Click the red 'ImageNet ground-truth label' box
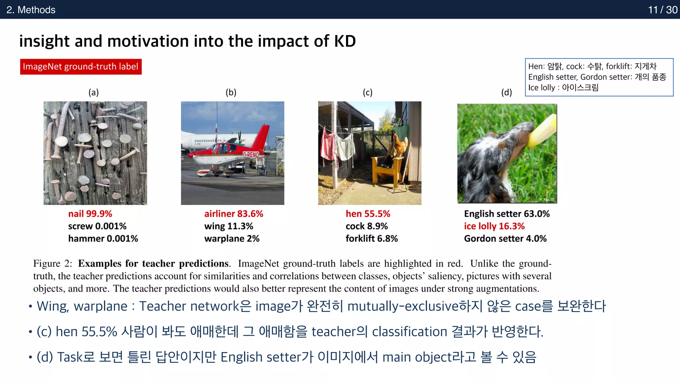[81, 67]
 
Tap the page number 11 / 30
[662, 10]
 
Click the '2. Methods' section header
[31, 10]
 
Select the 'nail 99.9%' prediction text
[90, 214]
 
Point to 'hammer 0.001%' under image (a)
[103, 238]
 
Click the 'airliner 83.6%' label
[233, 214]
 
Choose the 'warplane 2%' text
[232, 238]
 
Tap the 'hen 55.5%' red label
[368, 214]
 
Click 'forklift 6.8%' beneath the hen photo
[372, 238]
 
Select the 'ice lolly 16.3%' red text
[494, 226]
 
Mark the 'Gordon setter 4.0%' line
[505, 238]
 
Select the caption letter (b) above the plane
[231, 92]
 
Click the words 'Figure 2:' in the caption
[52, 264]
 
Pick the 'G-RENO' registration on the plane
[251, 155]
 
